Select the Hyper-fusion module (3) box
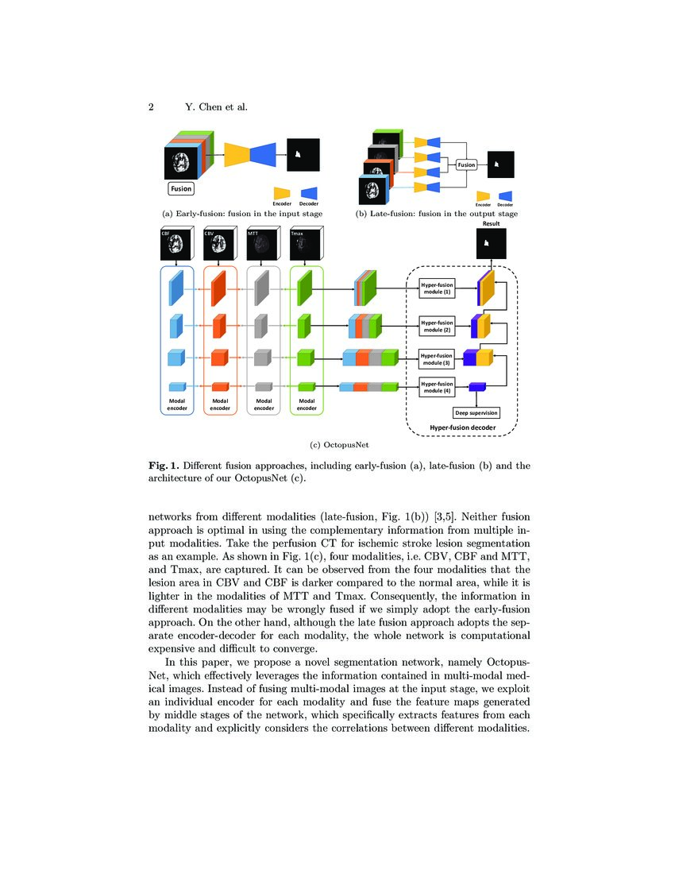click(436, 358)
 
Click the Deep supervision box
click(476, 413)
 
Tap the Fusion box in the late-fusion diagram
click(467, 165)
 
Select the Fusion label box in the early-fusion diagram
click(181, 189)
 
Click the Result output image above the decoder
click(490, 243)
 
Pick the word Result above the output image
click(491, 224)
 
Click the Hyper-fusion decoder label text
click(462, 428)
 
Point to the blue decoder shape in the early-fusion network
click(264, 154)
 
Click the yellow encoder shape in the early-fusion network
click(237, 154)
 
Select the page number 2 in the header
click(150, 108)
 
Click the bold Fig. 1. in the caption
click(165, 466)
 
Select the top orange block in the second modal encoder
click(219, 288)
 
